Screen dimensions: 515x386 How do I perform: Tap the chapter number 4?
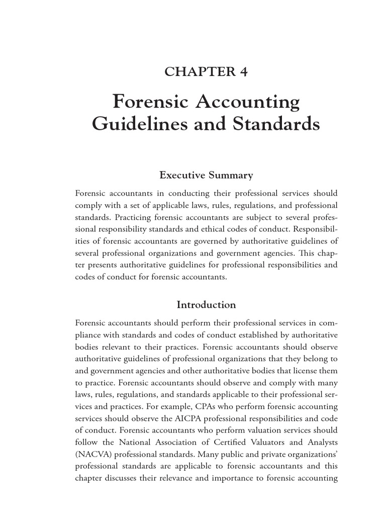coord(244,72)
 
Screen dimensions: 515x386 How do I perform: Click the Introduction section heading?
coord(207,305)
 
